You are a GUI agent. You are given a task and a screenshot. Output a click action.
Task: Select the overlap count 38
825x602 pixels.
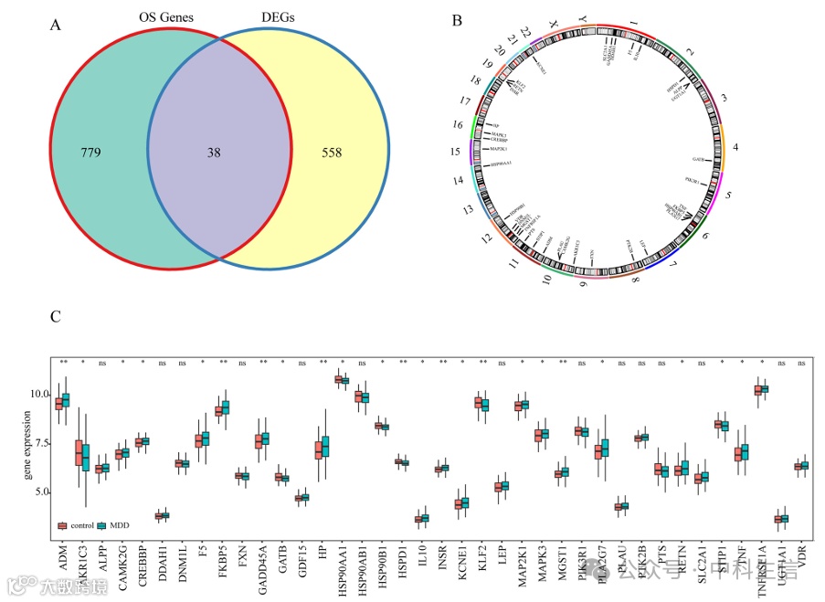(214, 153)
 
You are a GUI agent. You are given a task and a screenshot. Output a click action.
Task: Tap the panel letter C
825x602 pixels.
(56, 317)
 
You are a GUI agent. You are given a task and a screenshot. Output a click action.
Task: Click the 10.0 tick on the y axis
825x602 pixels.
(37, 394)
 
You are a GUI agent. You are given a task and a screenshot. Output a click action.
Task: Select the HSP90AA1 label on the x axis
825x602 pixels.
(342, 566)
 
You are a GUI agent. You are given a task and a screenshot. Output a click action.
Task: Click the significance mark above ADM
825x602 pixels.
(63, 363)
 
